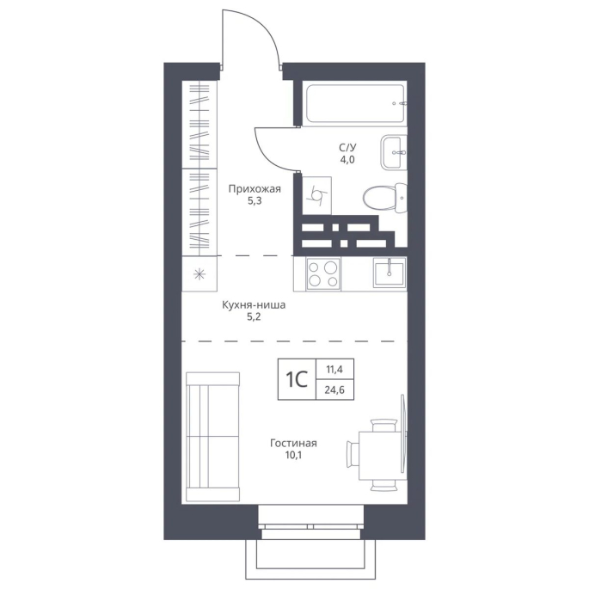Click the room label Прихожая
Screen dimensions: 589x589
(255, 188)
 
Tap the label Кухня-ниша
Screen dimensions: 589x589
(254, 304)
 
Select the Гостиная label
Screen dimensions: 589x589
(293, 443)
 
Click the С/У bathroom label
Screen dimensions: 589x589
(347, 147)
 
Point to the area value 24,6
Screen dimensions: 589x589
(334, 390)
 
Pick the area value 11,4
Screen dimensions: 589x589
(334, 370)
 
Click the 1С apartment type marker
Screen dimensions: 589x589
(297, 379)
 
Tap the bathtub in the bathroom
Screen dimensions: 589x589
(356, 103)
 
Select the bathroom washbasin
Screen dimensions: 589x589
(394, 152)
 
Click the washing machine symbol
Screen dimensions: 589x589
(316, 195)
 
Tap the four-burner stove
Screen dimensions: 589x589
(323, 273)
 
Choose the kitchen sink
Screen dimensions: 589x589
(390, 273)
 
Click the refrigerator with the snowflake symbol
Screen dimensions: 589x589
(199, 273)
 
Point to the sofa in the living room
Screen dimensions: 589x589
(213, 437)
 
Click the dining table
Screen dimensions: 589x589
(382, 456)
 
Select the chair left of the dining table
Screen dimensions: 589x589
(353, 455)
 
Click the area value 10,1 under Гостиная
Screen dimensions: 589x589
(293, 455)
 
